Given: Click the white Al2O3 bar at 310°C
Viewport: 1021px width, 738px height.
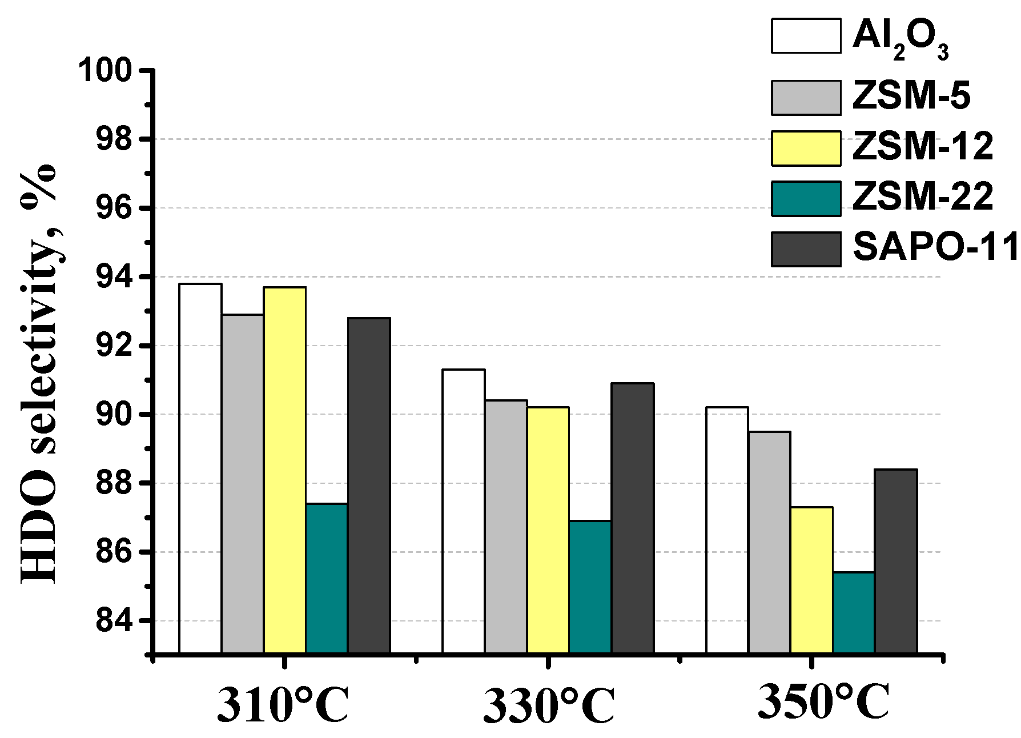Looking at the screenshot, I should click(200, 468).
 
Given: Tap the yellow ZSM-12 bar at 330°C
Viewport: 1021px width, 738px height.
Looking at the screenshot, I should click(548, 530).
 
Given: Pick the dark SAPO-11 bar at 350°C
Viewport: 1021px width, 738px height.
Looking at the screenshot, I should click(896, 561).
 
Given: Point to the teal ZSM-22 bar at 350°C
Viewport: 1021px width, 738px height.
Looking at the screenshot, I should click(854, 612).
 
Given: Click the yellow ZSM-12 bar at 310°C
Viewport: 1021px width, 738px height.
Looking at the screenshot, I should click(285, 470).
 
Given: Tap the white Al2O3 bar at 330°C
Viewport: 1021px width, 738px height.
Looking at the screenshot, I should click(464, 511).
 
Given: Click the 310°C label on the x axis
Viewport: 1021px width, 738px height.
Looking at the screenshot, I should click(283, 706).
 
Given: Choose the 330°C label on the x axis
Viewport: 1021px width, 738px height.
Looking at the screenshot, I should click(549, 706).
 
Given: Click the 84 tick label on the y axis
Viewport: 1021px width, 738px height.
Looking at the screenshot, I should click(113, 621).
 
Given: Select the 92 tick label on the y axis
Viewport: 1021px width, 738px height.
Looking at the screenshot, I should click(113, 346).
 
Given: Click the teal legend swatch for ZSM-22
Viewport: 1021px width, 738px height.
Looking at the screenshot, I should click(806, 199).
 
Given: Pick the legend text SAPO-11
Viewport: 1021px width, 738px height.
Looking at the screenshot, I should click(935, 248).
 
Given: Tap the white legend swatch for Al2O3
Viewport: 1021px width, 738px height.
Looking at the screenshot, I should click(806, 36).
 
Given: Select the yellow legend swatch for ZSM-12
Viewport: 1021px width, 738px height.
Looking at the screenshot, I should click(806, 149).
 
